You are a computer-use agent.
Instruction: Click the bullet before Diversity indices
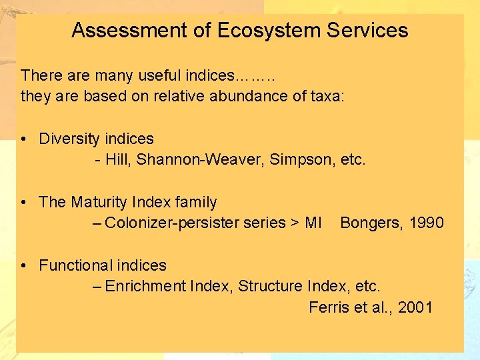pyautogui.click(x=23, y=139)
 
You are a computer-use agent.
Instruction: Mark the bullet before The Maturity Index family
pyautogui.click(x=23, y=202)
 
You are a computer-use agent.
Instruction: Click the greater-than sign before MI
pyautogui.click(x=295, y=223)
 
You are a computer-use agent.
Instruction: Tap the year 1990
pyautogui.click(x=427, y=223)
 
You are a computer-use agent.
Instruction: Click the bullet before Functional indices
pyautogui.click(x=23, y=265)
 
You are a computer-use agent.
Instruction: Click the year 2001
pyautogui.click(x=415, y=307)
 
